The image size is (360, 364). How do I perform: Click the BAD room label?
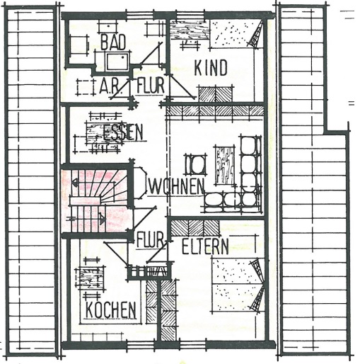click(x=113, y=42)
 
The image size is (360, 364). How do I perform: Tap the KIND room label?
click(x=211, y=68)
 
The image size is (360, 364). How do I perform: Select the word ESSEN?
click(x=123, y=132)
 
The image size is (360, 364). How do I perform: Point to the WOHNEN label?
click(x=176, y=186)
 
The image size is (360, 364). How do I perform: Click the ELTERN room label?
click(x=205, y=246)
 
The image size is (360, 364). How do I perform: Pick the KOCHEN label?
click(x=110, y=309)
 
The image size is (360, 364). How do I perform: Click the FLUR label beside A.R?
click(x=151, y=85)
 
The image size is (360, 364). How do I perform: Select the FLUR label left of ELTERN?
click(x=151, y=239)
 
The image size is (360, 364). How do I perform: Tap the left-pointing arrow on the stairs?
click(x=75, y=182)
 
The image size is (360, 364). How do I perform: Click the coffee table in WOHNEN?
click(x=225, y=165)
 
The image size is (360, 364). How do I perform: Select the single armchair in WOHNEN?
click(x=195, y=164)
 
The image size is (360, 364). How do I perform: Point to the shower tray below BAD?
click(x=118, y=62)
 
